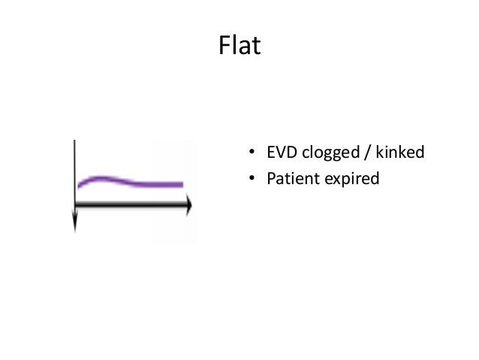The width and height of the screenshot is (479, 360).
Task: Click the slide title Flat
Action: (x=239, y=47)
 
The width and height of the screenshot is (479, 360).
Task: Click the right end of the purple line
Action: (x=181, y=184)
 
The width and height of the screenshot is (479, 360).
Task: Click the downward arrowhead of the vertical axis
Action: (x=75, y=224)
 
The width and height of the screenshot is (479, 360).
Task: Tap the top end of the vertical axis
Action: (x=75, y=141)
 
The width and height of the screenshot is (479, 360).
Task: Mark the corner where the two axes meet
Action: (x=75, y=204)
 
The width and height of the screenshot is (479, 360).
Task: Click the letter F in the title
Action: (x=224, y=47)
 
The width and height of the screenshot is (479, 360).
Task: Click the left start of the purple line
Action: (x=80, y=185)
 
